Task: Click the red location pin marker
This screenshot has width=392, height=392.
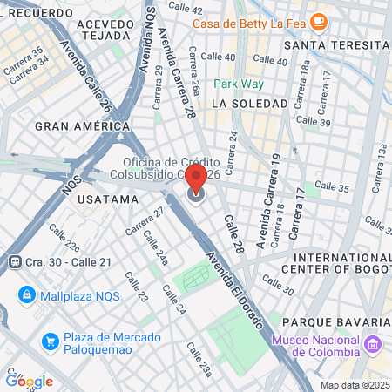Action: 196,179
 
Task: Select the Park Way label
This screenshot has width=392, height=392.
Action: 238,84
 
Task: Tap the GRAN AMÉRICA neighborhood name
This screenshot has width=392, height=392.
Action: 76,125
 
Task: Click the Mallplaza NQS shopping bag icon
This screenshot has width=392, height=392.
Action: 25,294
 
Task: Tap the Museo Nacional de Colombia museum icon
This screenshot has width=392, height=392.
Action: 373,346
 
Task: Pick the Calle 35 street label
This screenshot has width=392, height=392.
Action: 331,186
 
